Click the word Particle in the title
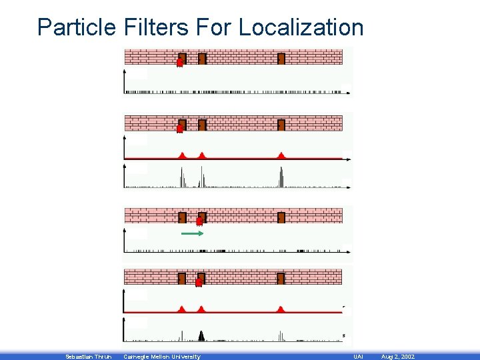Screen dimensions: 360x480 (x=77, y=27)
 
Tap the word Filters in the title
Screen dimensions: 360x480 (x=155, y=27)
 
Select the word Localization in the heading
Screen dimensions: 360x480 (x=301, y=27)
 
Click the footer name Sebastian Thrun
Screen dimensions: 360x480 (x=88, y=357)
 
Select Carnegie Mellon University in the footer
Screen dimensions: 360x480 (x=161, y=357)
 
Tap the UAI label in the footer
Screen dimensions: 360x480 (x=358, y=357)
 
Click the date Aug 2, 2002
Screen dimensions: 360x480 (x=397, y=357)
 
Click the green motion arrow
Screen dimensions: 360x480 (x=192, y=234)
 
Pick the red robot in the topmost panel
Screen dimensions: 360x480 (x=179, y=62)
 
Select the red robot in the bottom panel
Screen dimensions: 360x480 (x=199, y=282)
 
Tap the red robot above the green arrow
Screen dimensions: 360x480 (x=199, y=221)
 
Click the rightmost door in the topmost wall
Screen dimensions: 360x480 (x=281, y=59)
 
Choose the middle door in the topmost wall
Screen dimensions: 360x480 (x=202, y=59)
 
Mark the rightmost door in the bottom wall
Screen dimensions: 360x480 (x=281, y=279)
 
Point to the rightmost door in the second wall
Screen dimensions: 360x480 (x=281, y=125)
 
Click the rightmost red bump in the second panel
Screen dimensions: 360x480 (x=281, y=155)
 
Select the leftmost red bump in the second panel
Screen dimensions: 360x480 (x=183, y=155)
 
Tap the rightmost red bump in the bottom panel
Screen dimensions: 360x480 (x=281, y=309)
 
